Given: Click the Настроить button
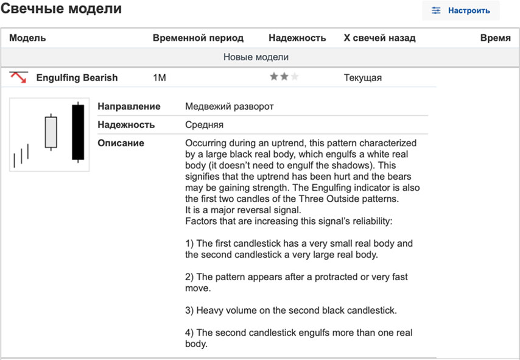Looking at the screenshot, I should (x=460, y=10).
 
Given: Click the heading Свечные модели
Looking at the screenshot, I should (x=61, y=9).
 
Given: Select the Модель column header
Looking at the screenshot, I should (x=27, y=38).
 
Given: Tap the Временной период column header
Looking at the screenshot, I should (x=198, y=38).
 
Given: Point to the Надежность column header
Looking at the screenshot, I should (x=297, y=38).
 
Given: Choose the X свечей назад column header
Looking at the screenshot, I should (x=379, y=38).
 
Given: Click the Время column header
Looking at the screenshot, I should (x=495, y=38).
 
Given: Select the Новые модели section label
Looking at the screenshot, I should (x=256, y=57).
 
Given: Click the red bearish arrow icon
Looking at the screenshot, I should (x=19, y=77).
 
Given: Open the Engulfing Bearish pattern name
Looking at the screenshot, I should (x=77, y=78).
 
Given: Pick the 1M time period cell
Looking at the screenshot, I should (x=160, y=78).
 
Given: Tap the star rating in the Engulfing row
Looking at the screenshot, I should (x=284, y=77).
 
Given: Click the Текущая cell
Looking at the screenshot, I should (x=363, y=78).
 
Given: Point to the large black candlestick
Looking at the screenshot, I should (x=77, y=132).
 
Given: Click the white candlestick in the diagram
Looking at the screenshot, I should (x=51, y=132).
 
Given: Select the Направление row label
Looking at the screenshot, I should (x=129, y=107).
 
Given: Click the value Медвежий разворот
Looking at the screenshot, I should (x=229, y=107).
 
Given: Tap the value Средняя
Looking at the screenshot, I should (x=204, y=125).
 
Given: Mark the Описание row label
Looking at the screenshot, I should (x=121, y=143).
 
